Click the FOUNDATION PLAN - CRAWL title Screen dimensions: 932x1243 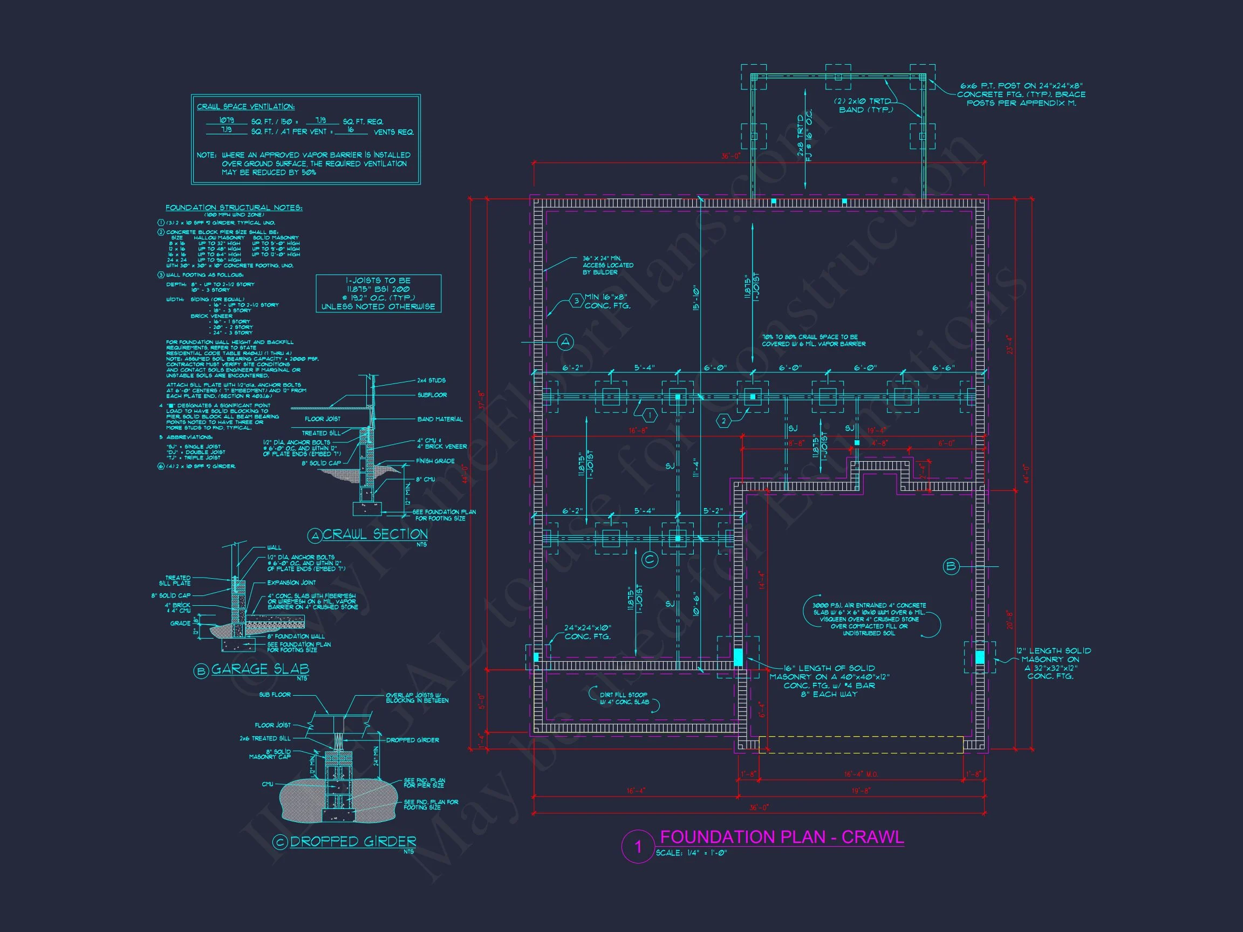click(781, 837)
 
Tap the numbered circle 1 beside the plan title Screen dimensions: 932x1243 click(638, 847)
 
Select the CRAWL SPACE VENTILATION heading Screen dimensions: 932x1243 click(245, 107)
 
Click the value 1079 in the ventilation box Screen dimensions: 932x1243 click(226, 121)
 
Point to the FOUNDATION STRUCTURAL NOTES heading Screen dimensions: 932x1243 click(234, 208)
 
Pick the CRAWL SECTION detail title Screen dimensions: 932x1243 click(375, 534)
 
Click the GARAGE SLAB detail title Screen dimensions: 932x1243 click(260, 669)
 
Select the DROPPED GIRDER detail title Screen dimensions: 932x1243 click(352, 841)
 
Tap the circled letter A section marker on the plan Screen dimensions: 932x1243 click(565, 341)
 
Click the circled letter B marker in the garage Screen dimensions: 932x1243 click(951, 566)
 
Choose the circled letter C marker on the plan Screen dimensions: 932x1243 click(650, 559)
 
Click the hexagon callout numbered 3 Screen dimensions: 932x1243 click(577, 301)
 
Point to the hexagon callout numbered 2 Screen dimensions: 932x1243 click(724, 421)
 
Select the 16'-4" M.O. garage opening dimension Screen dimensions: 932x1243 click(860, 774)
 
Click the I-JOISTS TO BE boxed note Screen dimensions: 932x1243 click(378, 293)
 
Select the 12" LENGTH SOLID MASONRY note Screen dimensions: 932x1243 click(1053, 663)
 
